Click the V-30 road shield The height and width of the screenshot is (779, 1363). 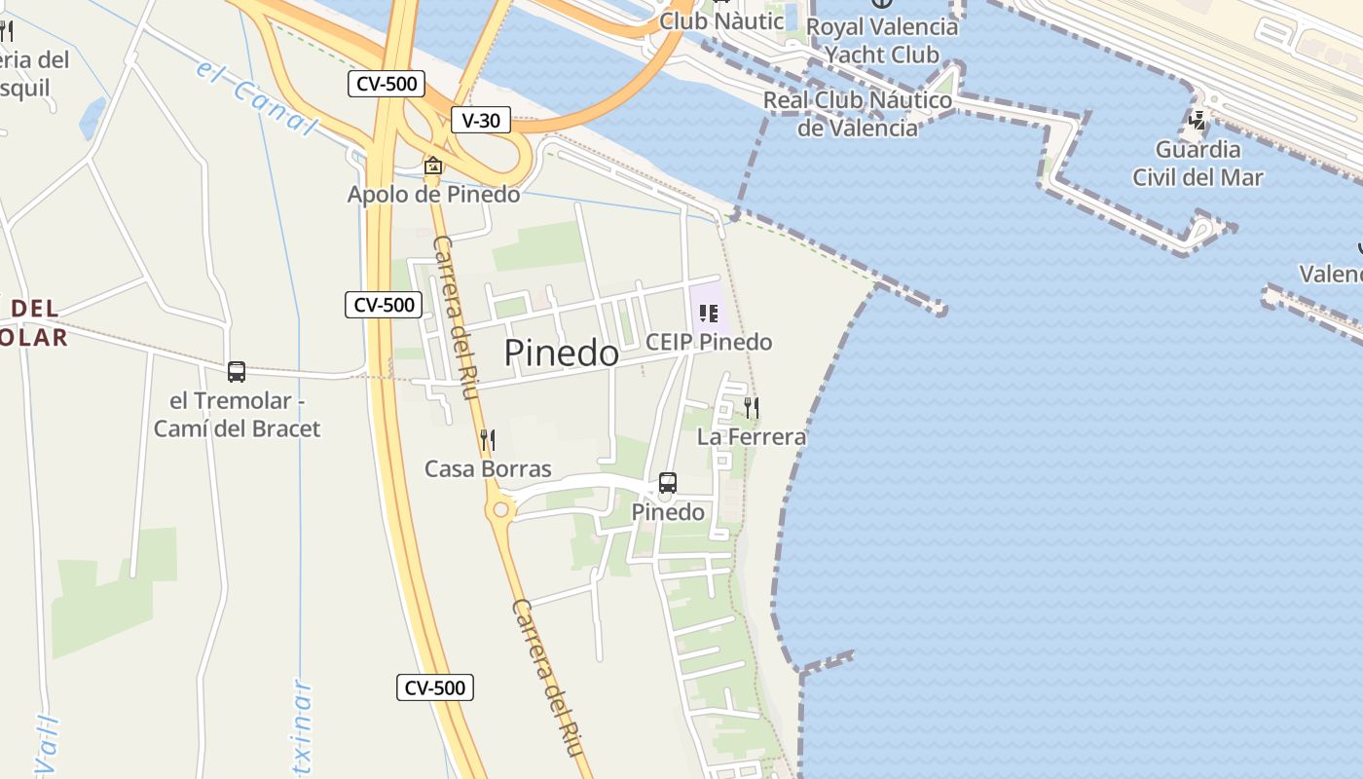point(481,120)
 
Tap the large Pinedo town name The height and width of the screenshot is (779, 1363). point(561,352)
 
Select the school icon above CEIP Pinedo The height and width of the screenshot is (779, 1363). point(709,314)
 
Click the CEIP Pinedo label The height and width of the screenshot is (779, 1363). point(709,342)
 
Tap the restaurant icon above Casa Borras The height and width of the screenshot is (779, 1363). point(488,440)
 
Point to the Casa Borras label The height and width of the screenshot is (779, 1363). point(488,468)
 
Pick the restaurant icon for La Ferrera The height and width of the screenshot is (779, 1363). point(752,407)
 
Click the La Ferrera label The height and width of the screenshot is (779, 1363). point(752,436)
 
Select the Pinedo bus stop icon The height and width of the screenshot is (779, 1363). point(668,482)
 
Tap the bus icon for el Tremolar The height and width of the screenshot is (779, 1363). point(237,371)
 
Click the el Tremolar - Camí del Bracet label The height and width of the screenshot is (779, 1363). point(237,414)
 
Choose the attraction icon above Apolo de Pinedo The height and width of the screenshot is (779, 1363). point(433,167)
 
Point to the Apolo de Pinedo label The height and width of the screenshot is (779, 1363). point(433,194)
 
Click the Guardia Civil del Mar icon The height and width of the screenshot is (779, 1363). point(1197,121)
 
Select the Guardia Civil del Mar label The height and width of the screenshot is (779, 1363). point(1197,163)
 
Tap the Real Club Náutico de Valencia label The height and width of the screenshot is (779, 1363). point(858,113)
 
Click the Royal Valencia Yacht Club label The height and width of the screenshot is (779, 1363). point(882,40)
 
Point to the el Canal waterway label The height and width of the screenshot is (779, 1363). point(257,96)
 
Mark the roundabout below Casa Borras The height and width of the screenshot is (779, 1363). point(501,509)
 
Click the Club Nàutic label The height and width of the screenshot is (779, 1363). point(721,20)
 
